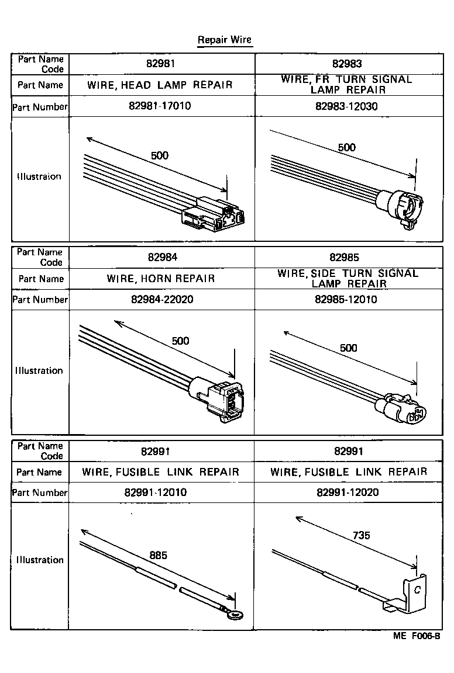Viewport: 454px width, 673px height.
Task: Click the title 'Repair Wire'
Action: [x=224, y=40]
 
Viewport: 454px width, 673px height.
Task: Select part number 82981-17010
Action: [x=159, y=106]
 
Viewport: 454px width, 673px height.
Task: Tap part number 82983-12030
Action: [x=346, y=106]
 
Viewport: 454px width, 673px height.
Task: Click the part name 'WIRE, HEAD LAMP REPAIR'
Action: [x=160, y=85]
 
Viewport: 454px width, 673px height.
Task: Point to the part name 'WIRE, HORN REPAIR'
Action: [x=161, y=279]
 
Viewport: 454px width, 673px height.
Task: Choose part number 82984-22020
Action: [x=160, y=300]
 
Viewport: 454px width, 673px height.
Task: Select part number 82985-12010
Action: [x=346, y=300]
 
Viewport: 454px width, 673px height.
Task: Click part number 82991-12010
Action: [x=156, y=492]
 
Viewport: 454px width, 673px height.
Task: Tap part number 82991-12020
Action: [x=348, y=492]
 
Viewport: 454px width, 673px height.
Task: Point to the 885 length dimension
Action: [x=158, y=555]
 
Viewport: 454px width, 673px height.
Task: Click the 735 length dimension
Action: [x=361, y=535]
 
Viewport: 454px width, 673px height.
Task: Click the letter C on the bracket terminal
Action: [x=417, y=589]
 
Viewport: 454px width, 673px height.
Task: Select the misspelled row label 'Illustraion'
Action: [x=39, y=176]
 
